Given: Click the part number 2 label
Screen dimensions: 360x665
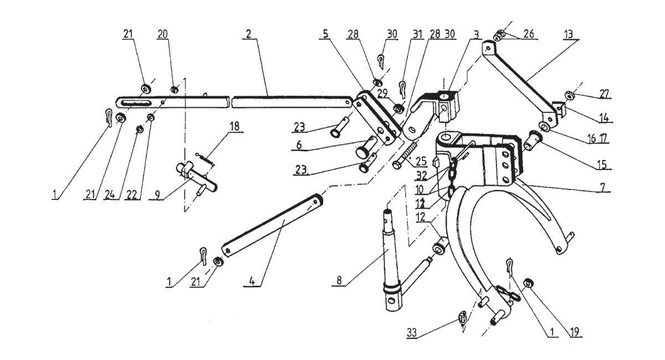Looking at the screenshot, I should click(249, 34).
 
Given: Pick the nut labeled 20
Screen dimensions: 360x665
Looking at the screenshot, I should click(174, 89).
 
